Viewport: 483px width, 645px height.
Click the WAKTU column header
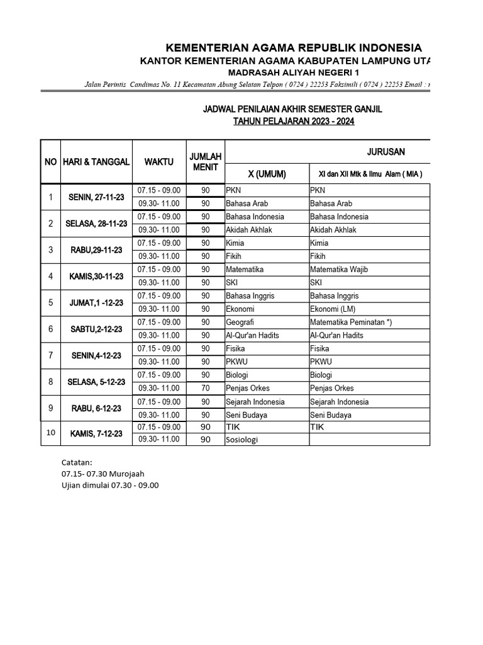158,162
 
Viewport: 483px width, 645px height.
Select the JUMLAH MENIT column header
205,162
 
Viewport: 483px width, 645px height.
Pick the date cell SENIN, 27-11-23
96,197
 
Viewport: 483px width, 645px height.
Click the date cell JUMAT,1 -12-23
96,302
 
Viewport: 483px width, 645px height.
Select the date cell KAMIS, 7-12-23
96,433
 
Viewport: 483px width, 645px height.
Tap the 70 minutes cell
205,388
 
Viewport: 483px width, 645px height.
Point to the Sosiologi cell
242,440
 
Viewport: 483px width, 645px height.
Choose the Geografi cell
240,322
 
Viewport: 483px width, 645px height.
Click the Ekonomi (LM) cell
333,309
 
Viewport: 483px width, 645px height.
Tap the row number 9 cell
51,408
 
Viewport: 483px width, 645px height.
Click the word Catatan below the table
77,462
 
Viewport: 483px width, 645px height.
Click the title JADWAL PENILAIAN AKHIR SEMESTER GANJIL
292,110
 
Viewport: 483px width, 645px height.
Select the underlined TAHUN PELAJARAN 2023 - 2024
294,122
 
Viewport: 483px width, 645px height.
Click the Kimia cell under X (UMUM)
235,243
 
